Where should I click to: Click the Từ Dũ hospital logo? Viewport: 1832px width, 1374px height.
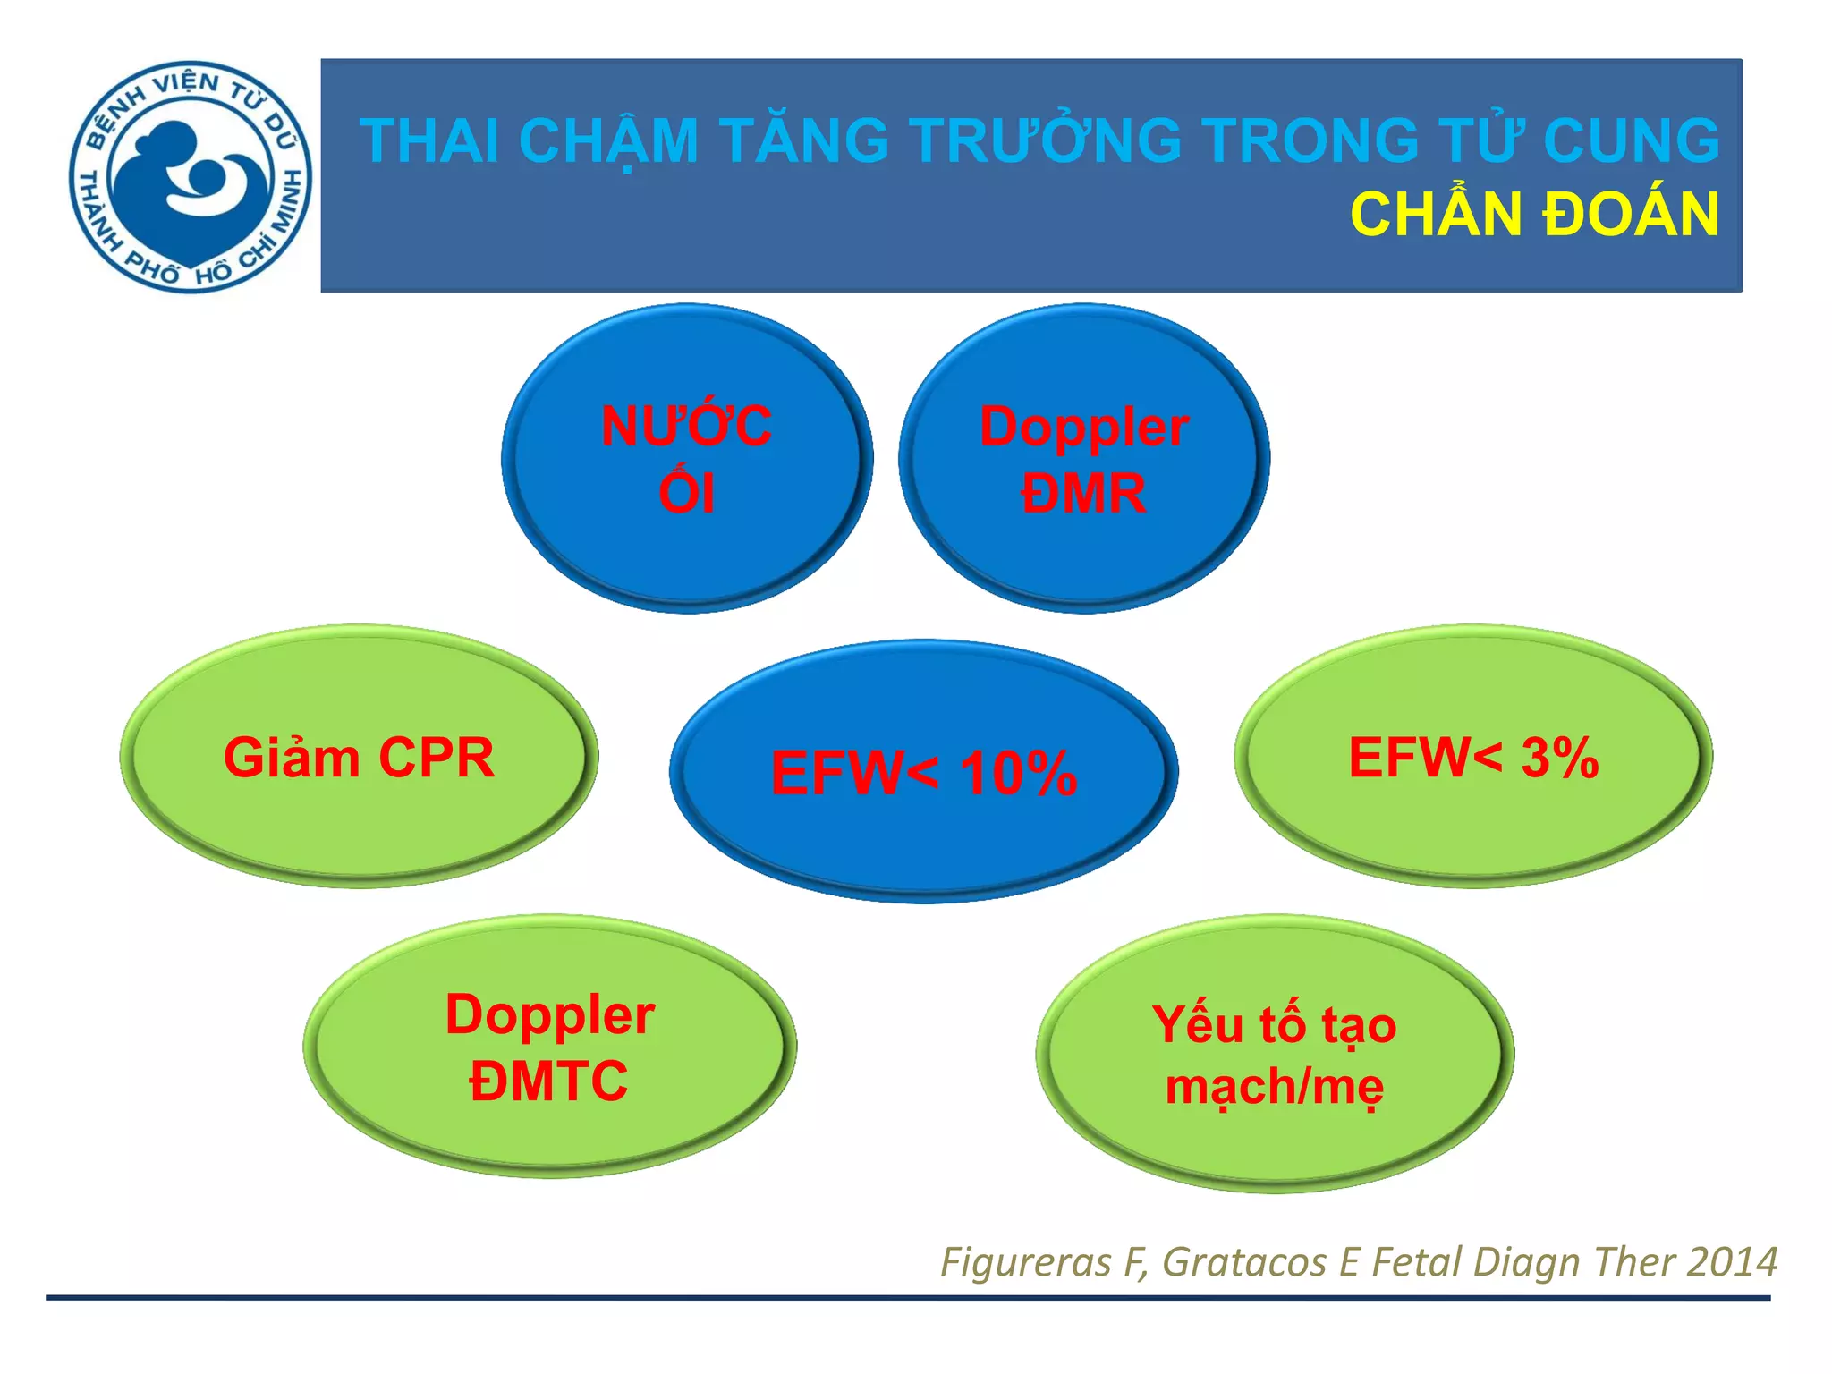(190, 176)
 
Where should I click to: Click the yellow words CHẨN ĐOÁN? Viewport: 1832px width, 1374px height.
(1533, 216)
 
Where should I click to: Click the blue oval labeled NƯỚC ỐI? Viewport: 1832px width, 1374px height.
(686, 458)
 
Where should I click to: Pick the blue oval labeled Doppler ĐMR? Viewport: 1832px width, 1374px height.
(1083, 458)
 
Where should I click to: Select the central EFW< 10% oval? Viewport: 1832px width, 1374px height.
(923, 771)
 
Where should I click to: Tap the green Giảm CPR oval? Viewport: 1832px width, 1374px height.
(359, 757)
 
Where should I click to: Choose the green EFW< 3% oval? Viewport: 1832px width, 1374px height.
(1472, 757)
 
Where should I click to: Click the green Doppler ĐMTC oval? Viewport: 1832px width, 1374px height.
(549, 1047)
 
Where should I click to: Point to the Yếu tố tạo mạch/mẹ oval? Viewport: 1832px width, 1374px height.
(1274, 1054)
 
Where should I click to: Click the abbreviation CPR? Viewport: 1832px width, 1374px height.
(436, 758)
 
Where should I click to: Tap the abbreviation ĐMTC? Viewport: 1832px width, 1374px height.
(548, 1081)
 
